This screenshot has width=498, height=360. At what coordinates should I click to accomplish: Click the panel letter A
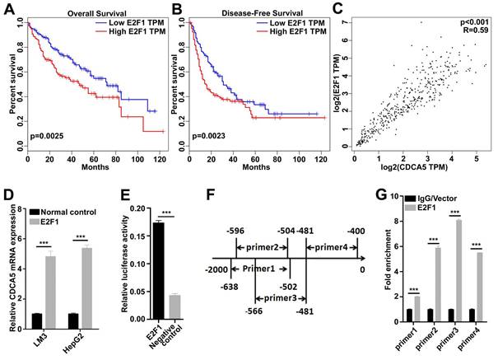(x=8, y=11)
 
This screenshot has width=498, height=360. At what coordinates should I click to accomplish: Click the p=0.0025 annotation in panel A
(x=47, y=132)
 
